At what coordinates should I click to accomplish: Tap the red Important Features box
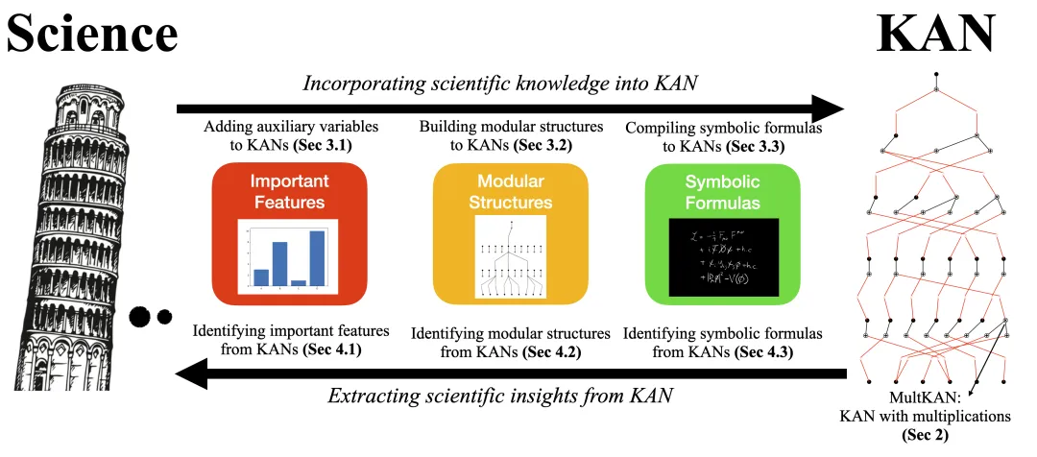(x=289, y=231)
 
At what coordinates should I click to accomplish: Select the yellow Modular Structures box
(x=510, y=231)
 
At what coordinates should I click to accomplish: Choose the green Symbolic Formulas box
(x=722, y=231)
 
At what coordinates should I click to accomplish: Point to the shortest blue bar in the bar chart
(x=299, y=282)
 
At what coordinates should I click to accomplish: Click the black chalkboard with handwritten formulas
(x=722, y=256)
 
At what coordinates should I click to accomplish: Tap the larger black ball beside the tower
(x=141, y=315)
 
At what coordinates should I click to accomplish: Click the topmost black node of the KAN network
(x=935, y=74)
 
